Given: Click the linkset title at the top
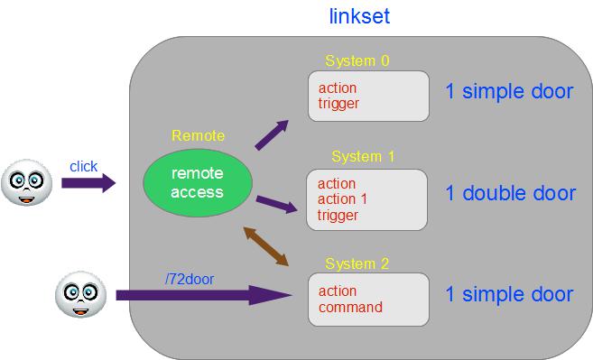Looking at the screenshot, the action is click(x=359, y=16).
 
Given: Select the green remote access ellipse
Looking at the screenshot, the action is click(x=198, y=182).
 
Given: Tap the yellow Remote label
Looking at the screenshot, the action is click(x=198, y=135).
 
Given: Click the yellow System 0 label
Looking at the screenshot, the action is click(x=357, y=60).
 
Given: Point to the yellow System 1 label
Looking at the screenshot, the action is click(x=363, y=156).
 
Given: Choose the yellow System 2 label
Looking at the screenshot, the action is click(x=357, y=263).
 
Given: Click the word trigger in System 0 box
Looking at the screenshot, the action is click(x=338, y=104).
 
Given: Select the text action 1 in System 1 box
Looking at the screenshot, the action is click(x=342, y=198).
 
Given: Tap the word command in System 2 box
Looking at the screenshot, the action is click(x=350, y=307).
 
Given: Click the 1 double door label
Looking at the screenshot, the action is click(x=511, y=193).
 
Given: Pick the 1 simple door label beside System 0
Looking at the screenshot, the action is click(x=509, y=91).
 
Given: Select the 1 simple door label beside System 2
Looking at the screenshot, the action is click(x=509, y=294).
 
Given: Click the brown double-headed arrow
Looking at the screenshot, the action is click(x=266, y=246).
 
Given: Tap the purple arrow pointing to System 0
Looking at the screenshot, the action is click(x=272, y=135).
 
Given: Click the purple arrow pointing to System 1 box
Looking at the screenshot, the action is click(x=277, y=204).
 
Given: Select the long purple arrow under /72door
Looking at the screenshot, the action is click(x=204, y=295).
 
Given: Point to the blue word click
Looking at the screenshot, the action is click(x=84, y=166).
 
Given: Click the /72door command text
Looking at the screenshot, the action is click(x=190, y=279).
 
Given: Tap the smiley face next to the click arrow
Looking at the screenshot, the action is click(x=26, y=182).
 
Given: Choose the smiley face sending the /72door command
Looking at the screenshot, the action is click(x=80, y=294).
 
